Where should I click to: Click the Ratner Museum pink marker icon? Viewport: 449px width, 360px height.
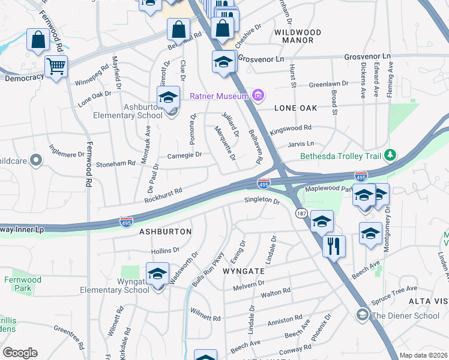259,95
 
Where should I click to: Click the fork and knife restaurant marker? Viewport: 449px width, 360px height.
334,245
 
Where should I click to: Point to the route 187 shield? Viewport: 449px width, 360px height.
301,213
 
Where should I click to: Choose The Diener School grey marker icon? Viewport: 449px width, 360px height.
362,314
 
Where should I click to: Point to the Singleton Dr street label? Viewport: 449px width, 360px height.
262,201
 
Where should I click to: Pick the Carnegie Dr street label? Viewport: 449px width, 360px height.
184,154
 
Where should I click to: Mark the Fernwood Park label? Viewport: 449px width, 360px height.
22,284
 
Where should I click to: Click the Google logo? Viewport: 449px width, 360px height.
20,353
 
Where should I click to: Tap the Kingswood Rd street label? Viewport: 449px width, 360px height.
291,128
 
